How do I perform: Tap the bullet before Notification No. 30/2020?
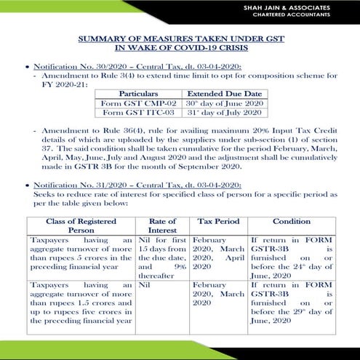point(27,67)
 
